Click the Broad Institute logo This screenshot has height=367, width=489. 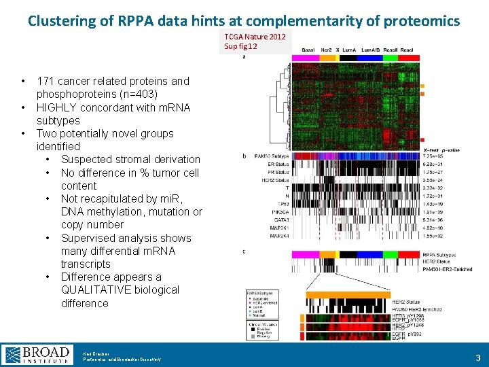tap(37, 354)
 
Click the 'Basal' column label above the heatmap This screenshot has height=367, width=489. tap(308, 50)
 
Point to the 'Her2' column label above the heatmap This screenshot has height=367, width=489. tap(326, 50)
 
